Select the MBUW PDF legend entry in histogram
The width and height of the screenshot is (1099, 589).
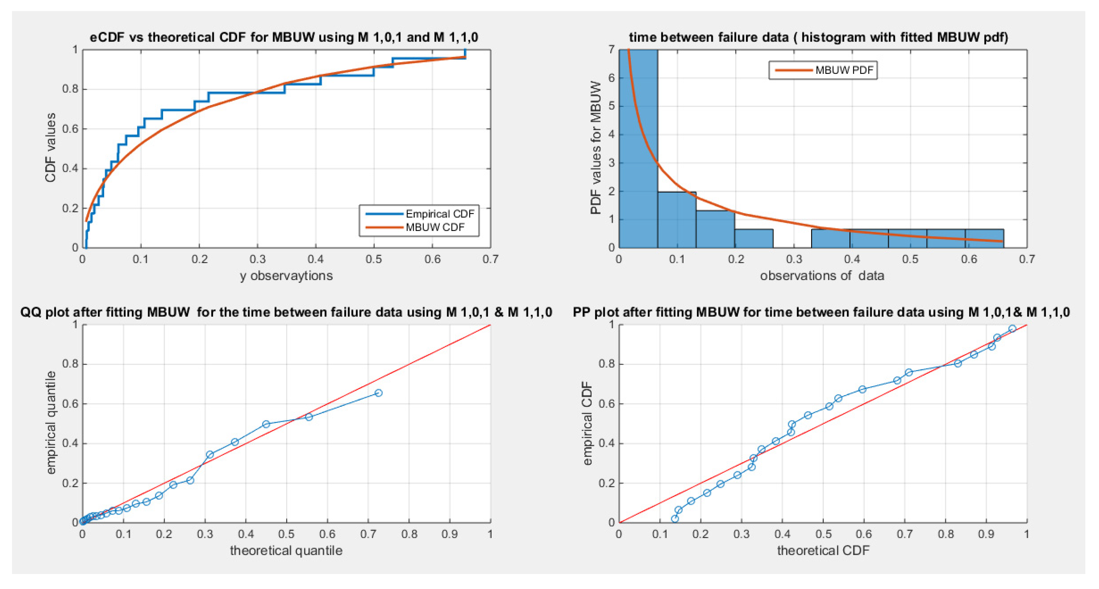844,70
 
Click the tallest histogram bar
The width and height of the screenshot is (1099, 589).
638,149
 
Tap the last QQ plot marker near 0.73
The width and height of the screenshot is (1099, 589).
378,393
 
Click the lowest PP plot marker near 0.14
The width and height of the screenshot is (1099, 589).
674,519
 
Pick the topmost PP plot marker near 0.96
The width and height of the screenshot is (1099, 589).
1012,328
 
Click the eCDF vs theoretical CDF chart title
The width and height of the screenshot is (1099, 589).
284,37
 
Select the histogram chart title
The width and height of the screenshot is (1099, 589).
818,37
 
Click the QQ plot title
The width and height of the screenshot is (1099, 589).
286,312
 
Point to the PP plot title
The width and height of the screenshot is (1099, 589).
821,312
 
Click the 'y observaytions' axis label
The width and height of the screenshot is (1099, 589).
286,276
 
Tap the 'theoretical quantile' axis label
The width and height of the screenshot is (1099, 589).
286,551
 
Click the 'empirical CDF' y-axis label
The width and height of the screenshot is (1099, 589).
588,423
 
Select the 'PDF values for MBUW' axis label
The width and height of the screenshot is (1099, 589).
596,148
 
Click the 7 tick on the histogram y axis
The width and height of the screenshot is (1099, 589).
611,50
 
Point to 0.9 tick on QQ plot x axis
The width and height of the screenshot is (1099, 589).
450,534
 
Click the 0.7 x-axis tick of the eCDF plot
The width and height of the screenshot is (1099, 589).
490,259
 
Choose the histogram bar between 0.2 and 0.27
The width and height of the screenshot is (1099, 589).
753,238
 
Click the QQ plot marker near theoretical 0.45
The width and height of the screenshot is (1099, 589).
266,424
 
